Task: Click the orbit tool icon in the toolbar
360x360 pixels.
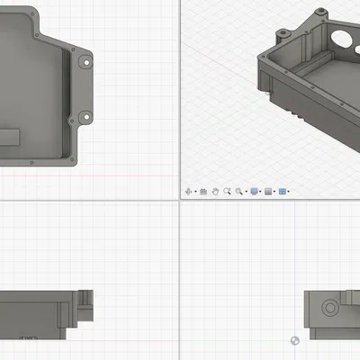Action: (x=188, y=192)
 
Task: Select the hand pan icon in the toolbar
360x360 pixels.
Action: (x=215, y=192)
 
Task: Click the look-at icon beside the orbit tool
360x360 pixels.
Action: (x=203, y=192)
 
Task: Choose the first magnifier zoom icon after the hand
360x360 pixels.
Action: (x=227, y=192)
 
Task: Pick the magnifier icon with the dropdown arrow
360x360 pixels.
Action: (x=239, y=192)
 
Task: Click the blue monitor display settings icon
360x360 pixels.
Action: (x=255, y=192)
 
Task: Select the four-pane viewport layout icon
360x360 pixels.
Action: (x=282, y=192)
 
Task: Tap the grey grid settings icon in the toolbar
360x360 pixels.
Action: (x=268, y=192)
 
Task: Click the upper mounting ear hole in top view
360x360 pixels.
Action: (x=85, y=61)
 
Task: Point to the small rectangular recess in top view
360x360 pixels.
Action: (x=10, y=136)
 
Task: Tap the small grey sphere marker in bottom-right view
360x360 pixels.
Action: (x=295, y=339)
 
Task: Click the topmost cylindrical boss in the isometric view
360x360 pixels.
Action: (x=320, y=11)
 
